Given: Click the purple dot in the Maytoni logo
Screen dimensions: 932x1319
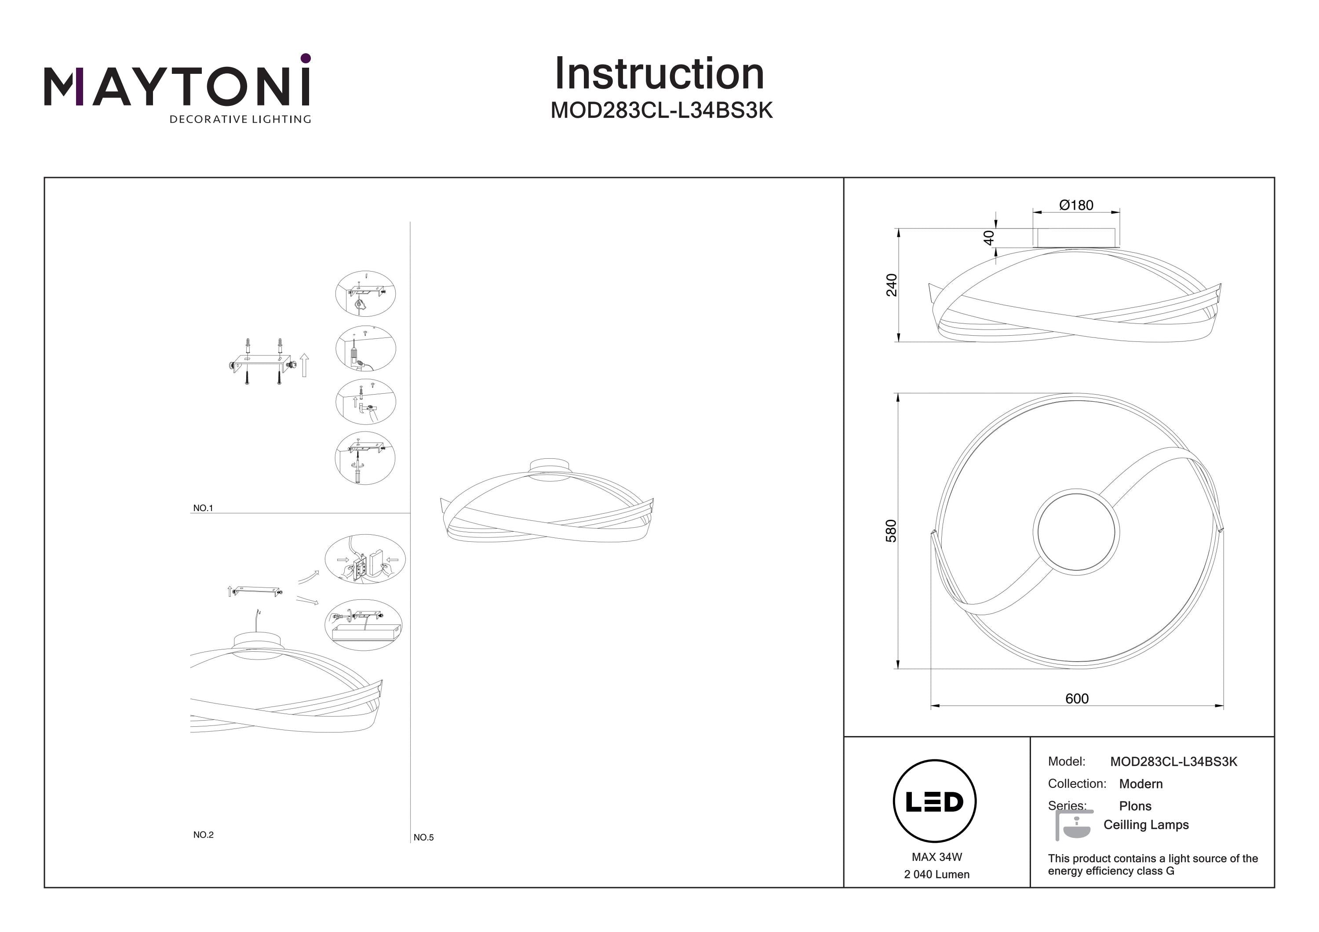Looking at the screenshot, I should click(x=306, y=58).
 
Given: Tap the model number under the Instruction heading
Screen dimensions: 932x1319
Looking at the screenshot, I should click(x=661, y=110).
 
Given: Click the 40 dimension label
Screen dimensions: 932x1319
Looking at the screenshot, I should click(x=989, y=238).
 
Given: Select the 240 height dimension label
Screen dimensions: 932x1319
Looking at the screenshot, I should click(x=891, y=285).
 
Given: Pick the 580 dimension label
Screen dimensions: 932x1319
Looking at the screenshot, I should click(x=890, y=531).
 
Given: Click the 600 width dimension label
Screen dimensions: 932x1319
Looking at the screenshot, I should click(x=1077, y=698).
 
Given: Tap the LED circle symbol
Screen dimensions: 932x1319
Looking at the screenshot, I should click(x=935, y=801).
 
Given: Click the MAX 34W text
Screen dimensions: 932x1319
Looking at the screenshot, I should click(x=936, y=857).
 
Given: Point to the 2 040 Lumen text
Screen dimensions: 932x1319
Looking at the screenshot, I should click(x=936, y=874).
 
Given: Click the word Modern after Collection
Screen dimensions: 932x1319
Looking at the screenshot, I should click(x=1140, y=784).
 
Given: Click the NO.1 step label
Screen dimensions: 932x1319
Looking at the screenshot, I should click(x=203, y=508).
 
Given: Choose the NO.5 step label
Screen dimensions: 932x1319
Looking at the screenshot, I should click(x=423, y=837).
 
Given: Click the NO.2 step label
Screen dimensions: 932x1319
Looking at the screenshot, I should click(x=204, y=834).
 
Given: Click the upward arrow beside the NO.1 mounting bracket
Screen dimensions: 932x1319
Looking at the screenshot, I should click(x=305, y=365).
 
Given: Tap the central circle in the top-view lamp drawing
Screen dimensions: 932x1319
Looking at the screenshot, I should click(x=1076, y=532).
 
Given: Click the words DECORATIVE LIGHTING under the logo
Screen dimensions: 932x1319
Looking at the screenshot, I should click(x=240, y=120).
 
